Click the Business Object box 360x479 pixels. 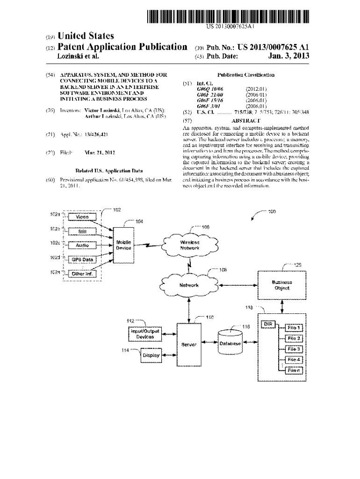(282, 285)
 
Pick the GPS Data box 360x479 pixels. (82, 260)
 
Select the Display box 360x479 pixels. (151, 356)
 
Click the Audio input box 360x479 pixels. (82, 245)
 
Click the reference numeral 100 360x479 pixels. (272, 211)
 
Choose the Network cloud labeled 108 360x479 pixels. (189, 285)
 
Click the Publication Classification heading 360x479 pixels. (245, 75)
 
